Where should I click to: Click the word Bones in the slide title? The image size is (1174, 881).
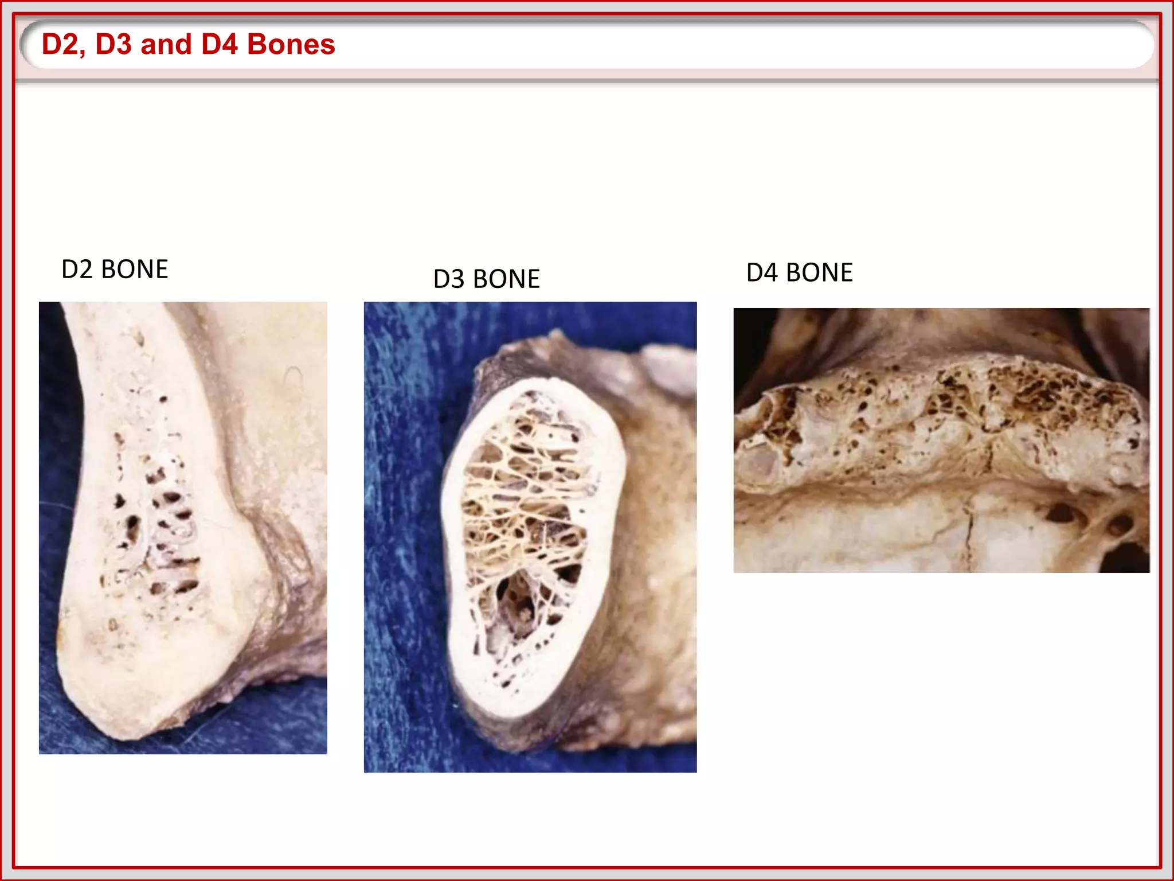(291, 44)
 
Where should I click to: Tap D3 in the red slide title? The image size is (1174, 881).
(114, 44)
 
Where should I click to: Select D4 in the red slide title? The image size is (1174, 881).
(220, 44)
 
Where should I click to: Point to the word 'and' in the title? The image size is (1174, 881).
(166, 44)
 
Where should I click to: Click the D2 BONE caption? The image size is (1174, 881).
(115, 269)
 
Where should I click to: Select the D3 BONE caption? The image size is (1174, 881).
(486, 279)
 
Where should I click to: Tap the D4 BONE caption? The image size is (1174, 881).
(799, 272)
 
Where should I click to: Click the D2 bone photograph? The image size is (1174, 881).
(183, 528)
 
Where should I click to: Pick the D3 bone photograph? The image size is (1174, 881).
(530, 537)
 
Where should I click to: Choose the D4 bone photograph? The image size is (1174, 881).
(941, 440)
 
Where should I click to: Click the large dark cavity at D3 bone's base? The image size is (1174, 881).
(516, 602)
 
